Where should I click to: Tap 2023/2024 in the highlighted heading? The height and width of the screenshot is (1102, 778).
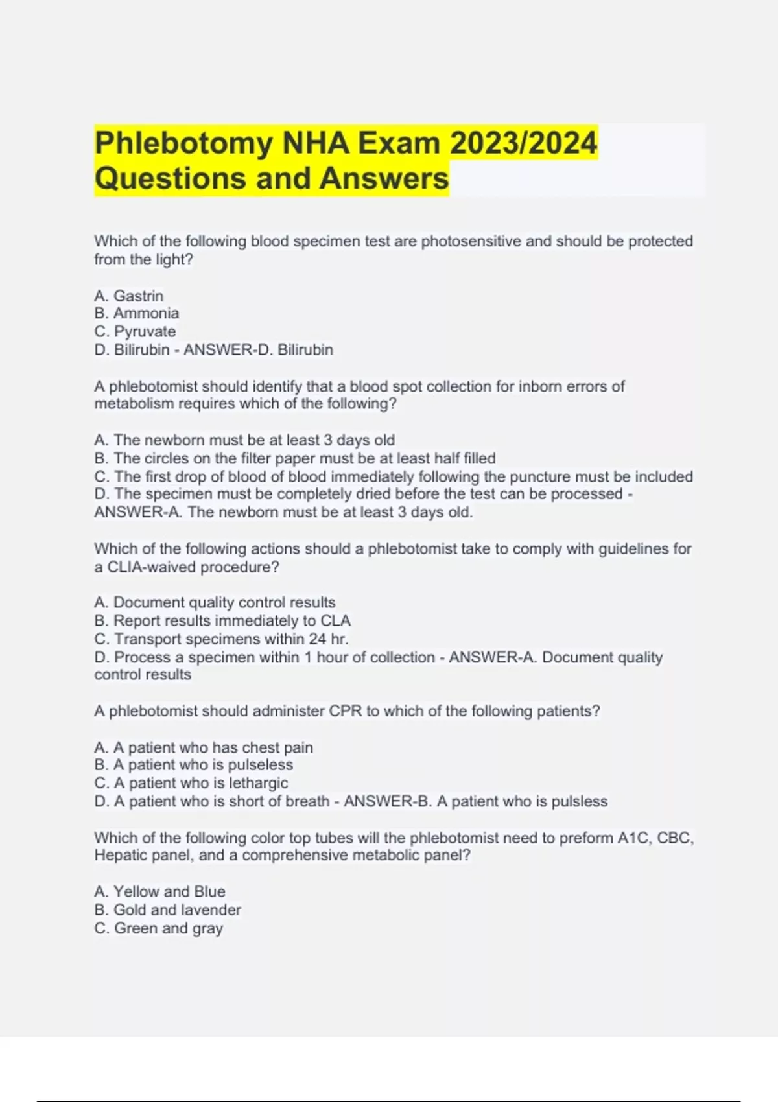click(523, 143)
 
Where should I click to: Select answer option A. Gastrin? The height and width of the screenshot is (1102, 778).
click(128, 296)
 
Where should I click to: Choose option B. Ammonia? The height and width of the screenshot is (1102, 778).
click(136, 313)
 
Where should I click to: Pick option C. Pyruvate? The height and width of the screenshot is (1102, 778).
click(135, 331)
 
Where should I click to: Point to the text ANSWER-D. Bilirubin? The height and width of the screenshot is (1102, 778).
click(258, 349)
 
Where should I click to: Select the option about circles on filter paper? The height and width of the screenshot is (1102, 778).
click(295, 458)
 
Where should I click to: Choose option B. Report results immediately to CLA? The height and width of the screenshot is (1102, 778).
click(222, 620)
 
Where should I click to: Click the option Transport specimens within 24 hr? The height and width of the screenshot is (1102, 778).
click(221, 639)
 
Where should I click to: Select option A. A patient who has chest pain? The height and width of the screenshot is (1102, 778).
click(204, 747)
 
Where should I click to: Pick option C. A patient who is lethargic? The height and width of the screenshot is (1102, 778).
click(191, 783)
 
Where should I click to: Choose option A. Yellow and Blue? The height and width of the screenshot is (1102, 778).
click(159, 891)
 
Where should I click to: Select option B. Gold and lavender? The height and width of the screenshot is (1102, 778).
click(167, 909)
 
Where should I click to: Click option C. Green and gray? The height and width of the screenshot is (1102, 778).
click(158, 928)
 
